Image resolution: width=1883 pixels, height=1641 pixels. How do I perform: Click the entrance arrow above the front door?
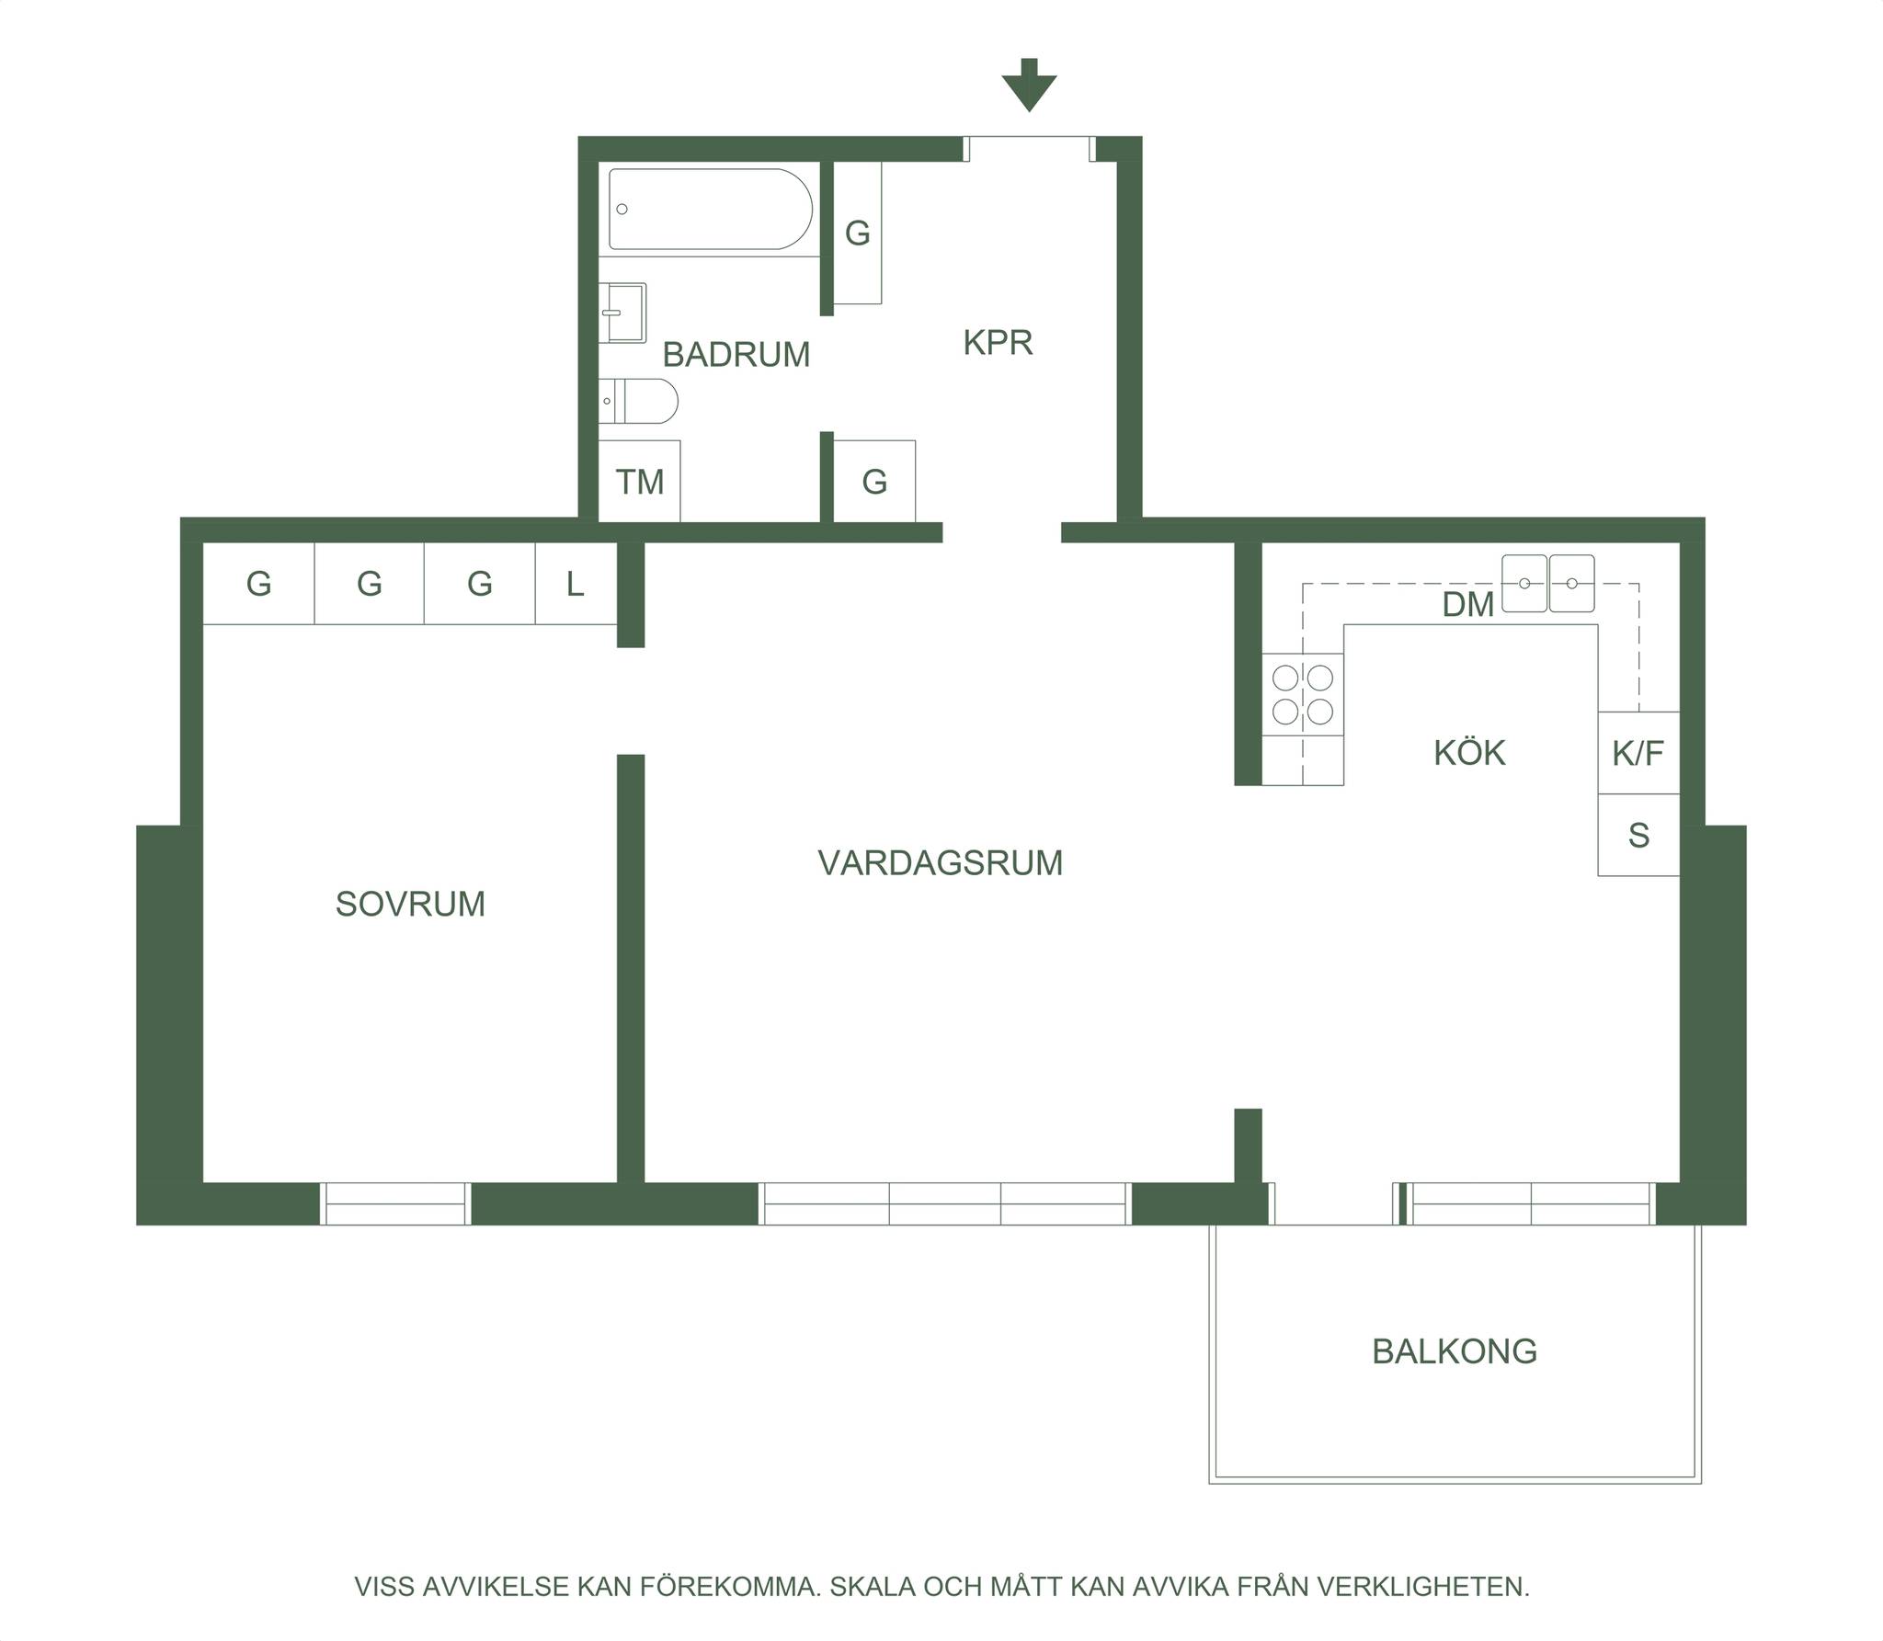1029,85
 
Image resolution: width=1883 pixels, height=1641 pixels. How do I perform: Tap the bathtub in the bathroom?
711,210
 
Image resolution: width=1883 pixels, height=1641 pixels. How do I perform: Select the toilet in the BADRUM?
638,401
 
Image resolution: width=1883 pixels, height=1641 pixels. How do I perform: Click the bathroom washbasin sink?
622,313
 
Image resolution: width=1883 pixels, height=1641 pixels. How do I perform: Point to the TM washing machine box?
639,481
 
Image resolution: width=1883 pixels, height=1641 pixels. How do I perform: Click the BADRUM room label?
736,355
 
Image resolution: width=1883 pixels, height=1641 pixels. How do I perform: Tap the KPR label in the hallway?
998,343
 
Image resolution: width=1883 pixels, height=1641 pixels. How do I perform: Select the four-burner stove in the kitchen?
1303,694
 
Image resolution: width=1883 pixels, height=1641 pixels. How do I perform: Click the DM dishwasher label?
1468,605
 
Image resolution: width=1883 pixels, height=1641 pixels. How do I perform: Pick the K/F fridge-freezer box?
1638,753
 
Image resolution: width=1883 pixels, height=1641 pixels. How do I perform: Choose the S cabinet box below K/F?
1638,835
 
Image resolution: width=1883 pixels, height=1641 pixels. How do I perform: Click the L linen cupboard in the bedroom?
576,584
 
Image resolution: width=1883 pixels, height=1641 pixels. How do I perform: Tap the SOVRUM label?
410,905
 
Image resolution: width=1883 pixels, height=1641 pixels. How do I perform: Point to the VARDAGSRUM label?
941,863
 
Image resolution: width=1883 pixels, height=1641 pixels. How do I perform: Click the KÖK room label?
1469,753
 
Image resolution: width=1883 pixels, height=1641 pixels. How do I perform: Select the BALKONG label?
1455,1351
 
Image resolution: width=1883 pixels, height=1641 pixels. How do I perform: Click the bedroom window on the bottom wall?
395,1204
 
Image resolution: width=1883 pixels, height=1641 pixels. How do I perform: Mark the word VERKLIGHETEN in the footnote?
1423,1587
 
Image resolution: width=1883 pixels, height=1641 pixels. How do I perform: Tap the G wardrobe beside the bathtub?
858,234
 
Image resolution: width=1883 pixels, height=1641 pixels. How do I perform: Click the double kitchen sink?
1548,583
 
